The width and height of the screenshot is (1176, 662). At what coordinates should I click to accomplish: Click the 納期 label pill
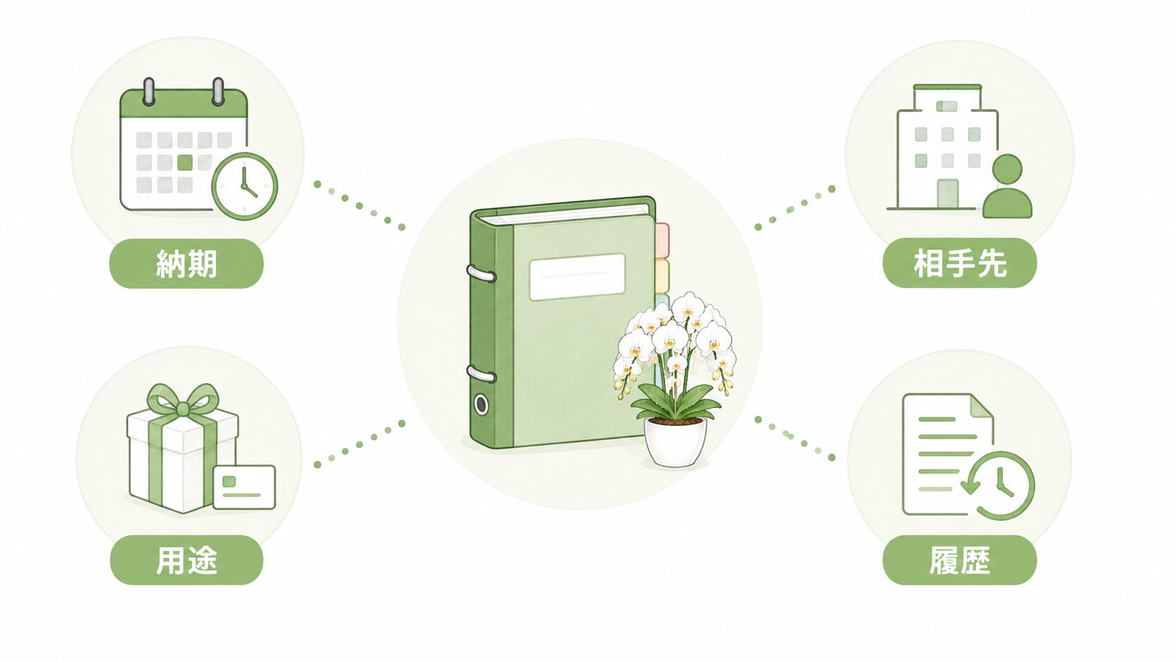tap(186, 264)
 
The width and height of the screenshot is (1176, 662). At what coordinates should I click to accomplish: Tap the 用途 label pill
tap(186, 560)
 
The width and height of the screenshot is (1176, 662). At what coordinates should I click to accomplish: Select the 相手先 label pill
tap(959, 263)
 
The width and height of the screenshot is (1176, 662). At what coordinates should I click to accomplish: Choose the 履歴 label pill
tap(959, 560)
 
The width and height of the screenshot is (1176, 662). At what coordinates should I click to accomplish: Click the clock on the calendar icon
tap(245, 186)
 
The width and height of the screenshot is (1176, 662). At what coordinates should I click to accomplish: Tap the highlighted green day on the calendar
tap(185, 163)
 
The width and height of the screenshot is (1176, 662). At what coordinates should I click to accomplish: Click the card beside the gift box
tap(245, 488)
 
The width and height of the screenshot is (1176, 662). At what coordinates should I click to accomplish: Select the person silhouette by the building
tap(1007, 186)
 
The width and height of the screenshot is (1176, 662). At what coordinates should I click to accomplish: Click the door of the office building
tap(947, 193)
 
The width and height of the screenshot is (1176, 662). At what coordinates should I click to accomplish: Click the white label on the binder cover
tap(577, 276)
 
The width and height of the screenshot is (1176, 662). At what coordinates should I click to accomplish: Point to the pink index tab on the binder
tap(663, 241)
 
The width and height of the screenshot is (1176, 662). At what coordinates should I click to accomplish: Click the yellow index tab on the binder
tap(663, 276)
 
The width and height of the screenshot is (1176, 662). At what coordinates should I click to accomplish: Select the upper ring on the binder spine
tap(481, 274)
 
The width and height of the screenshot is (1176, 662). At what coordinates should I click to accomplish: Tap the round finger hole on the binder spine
tap(481, 405)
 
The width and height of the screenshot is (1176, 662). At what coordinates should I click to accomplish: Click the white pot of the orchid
tap(675, 442)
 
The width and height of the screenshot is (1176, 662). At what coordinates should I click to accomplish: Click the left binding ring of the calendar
tap(149, 91)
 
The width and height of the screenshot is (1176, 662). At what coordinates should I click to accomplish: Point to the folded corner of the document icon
tap(981, 406)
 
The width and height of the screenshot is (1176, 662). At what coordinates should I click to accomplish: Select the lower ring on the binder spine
tap(481, 374)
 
